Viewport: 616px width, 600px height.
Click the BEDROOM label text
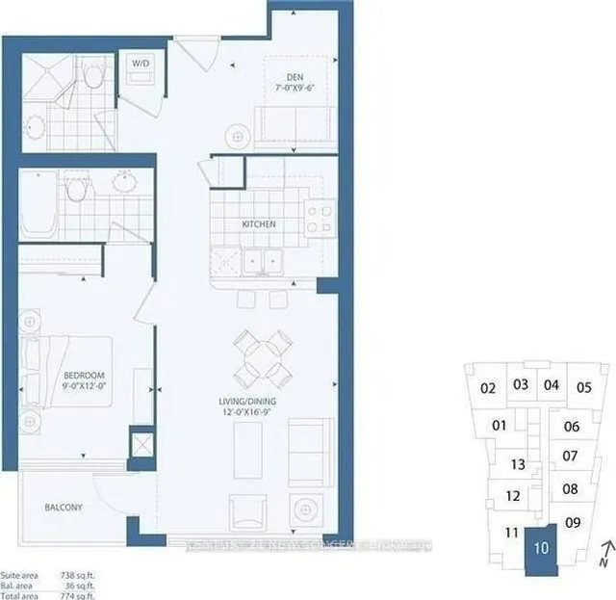coord(86,375)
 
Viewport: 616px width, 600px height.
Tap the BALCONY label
coord(63,508)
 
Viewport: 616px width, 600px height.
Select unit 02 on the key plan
coord(487,388)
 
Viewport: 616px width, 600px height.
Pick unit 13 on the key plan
coord(517,464)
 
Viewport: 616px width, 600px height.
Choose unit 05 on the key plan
coord(582,388)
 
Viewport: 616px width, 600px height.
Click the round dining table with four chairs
coord(263,356)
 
